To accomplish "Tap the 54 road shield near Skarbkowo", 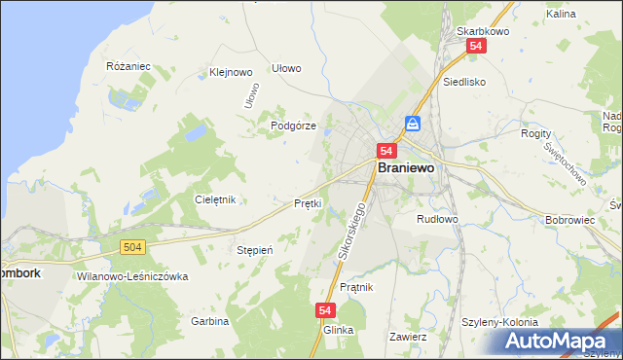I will click(x=476, y=46).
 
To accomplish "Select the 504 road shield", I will click(x=134, y=248).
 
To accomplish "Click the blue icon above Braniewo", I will click(x=413, y=124).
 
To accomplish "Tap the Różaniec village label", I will click(x=128, y=66).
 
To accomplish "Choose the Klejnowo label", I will click(x=231, y=72).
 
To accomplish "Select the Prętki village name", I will click(x=308, y=203).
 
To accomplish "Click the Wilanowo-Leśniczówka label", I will click(x=131, y=276).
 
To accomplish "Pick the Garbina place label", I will click(x=209, y=321).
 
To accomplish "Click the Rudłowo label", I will click(x=436, y=219).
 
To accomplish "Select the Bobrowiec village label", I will click(x=570, y=220).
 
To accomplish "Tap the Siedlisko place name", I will click(x=463, y=83).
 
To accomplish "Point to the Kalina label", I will click(x=561, y=15).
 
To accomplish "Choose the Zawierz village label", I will click(x=408, y=337).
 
